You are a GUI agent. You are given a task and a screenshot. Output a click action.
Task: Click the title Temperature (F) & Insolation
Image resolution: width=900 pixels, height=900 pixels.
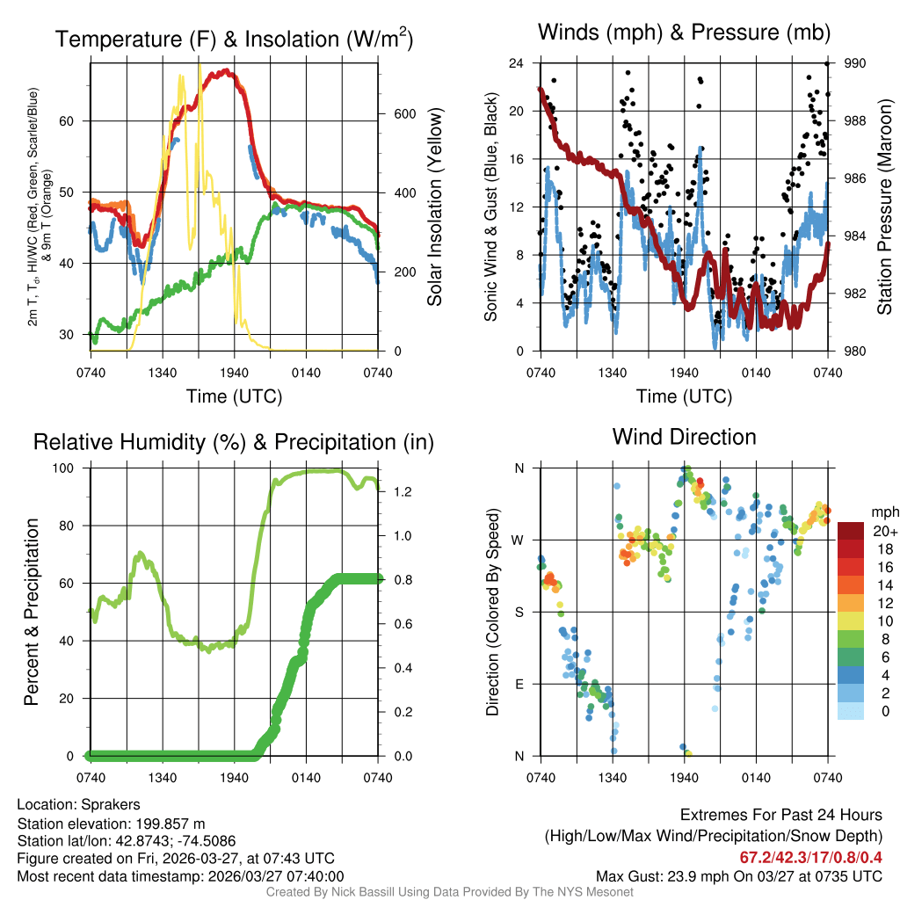pyautogui.click(x=234, y=39)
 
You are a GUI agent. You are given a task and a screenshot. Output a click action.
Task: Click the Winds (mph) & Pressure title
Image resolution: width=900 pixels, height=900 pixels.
pyautogui.click(x=684, y=33)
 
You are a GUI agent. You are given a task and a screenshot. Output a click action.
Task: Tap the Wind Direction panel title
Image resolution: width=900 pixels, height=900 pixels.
pyautogui.click(x=684, y=437)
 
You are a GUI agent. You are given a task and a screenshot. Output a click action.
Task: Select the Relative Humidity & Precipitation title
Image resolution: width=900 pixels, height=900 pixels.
pyautogui.click(x=234, y=442)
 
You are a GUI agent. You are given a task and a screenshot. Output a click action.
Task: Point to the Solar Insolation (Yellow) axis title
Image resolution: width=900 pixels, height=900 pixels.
pyautogui.click(x=434, y=207)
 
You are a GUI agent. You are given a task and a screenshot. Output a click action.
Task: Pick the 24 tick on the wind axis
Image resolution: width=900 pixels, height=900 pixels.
pyautogui.click(x=518, y=63)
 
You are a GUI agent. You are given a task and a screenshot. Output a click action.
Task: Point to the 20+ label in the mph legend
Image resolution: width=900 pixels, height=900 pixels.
pyautogui.click(x=884, y=531)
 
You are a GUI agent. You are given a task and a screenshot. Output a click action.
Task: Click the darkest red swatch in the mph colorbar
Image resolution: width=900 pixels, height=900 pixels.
pyautogui.click(x=852, y=531)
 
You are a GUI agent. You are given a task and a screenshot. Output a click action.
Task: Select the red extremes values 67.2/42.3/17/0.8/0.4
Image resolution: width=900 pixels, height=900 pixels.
pyautogui.click(x=809, y=856)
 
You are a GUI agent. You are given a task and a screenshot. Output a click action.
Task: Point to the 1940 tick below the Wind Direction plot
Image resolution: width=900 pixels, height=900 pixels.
pyautogui.click(x=684, y=777)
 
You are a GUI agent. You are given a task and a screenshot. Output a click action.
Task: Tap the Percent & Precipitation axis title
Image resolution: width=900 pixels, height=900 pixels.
pyautogui.click(x=31, y=612)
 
